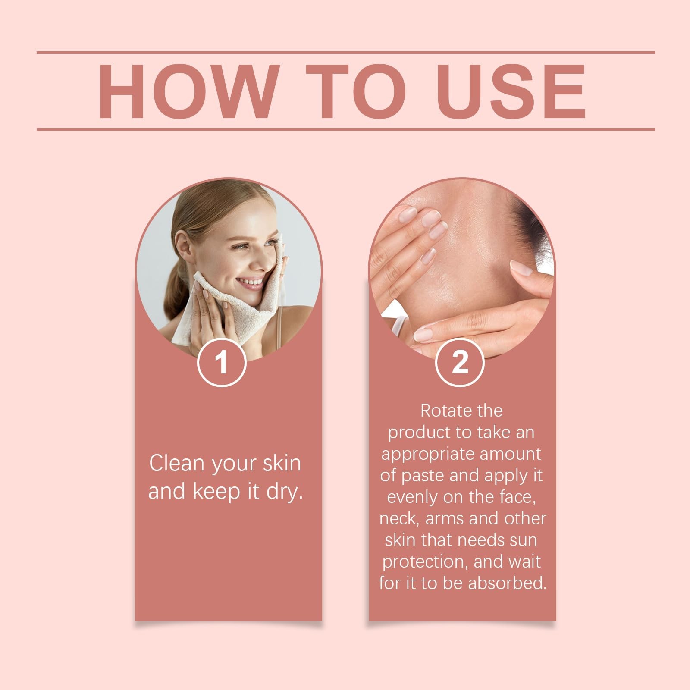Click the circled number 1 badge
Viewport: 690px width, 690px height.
pyautogui.click(x=222, y=362)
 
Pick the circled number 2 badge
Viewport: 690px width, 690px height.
pyautogui.click(x=460, y=362)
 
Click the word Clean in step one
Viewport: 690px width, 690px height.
pyautogui.click(x=176, y=463)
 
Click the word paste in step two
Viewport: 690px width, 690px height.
pyautogui.click(x=423, y=476)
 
